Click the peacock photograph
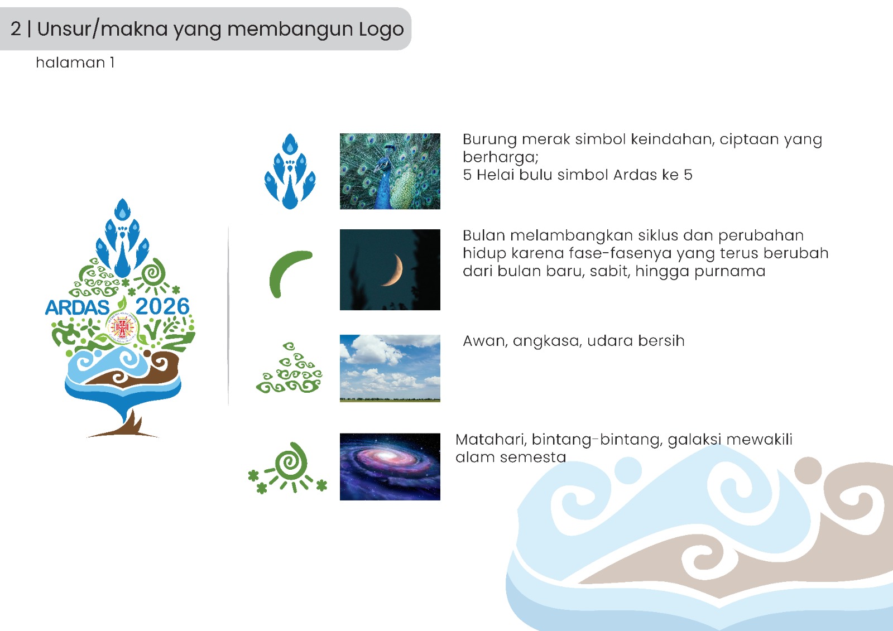coord(390,171)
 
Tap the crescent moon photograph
coord(390,269)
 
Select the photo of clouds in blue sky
coord(390,368)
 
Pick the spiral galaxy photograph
coord(390,466)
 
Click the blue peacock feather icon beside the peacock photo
coord(290,171)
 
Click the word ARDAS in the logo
coord(78,307)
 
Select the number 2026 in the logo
coord(162,306)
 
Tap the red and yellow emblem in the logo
coord(122,327)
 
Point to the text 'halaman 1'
coord(75,62)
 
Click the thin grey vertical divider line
coord(228,316)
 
